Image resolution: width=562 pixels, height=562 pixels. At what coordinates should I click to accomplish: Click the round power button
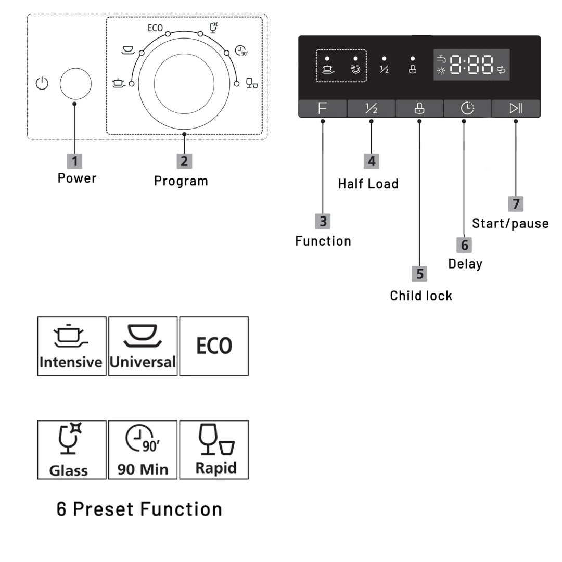point(75,84)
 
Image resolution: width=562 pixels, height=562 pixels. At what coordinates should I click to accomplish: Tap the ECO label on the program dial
point(155,28)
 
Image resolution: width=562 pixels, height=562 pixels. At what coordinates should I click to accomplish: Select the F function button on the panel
point(323,108)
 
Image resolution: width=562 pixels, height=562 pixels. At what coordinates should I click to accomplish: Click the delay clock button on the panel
point(467,108)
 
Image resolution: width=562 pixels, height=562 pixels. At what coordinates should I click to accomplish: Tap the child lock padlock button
point(419,108)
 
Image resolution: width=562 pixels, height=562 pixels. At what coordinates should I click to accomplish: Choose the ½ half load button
point(371,108)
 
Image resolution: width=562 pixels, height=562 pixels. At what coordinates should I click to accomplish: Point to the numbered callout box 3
point(323,221)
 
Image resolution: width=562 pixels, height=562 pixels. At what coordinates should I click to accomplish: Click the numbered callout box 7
point(516,203)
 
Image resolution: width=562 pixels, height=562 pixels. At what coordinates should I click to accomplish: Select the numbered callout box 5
point(420,274)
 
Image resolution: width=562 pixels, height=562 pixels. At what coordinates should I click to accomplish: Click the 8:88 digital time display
point(471,65)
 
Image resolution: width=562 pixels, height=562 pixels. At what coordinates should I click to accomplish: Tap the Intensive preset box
point(72,346)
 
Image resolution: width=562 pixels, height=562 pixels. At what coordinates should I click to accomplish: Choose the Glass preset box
point(72,450)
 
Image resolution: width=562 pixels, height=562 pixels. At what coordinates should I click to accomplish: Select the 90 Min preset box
point(143,450)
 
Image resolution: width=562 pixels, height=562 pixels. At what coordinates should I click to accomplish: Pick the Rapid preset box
point(214,450)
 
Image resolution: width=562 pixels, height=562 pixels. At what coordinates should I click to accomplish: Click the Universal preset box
point(143,346)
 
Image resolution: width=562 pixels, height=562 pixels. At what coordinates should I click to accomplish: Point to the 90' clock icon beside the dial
point(241,50)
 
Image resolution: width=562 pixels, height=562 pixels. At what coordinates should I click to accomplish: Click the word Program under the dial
point(181,181)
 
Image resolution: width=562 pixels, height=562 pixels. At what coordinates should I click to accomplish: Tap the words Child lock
point(421,296)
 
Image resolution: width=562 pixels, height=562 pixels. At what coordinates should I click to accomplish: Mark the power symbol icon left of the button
point(42,83)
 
